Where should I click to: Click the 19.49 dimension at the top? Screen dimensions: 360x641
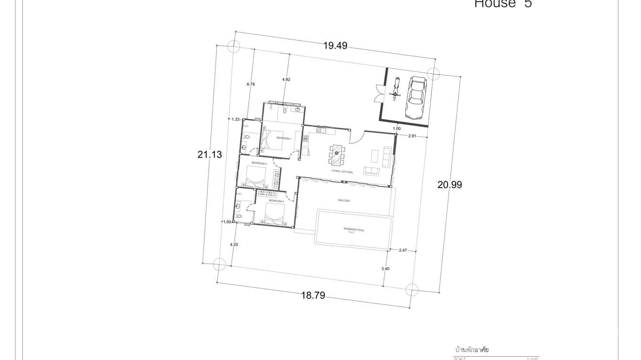point(335,46)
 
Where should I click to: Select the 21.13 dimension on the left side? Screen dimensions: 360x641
point(210,155)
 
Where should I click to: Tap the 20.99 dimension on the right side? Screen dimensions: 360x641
point(449,185)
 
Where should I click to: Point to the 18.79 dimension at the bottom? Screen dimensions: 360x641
point(313,296)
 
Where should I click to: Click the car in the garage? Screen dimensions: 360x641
point(416,97)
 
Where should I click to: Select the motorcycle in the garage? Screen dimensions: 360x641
point(395,89)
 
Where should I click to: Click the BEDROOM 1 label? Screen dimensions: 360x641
point(284,138)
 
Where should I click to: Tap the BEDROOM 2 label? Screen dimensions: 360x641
point(259,164)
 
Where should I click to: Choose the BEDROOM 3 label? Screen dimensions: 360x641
point(276,201)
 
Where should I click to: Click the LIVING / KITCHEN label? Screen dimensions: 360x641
point(342,171)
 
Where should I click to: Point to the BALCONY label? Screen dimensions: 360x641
point(344,201)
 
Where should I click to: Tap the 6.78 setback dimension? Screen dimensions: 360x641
point(251,84)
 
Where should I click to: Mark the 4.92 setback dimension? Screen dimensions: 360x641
point(286,79)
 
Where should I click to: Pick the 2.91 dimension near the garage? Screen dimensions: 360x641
point(412,136)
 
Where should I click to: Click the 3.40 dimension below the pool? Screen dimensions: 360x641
point(385,269)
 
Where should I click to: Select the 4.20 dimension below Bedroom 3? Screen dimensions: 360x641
point(234,244)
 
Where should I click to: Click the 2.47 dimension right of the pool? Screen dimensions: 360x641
point(403,250)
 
